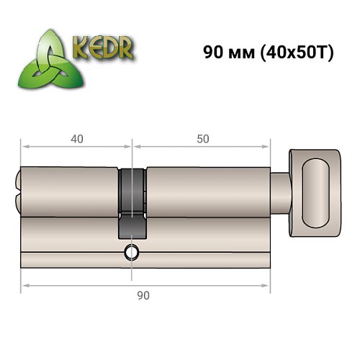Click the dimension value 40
(77, 138)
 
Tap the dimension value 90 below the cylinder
(143, 294)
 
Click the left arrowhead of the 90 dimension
(24, 287)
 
